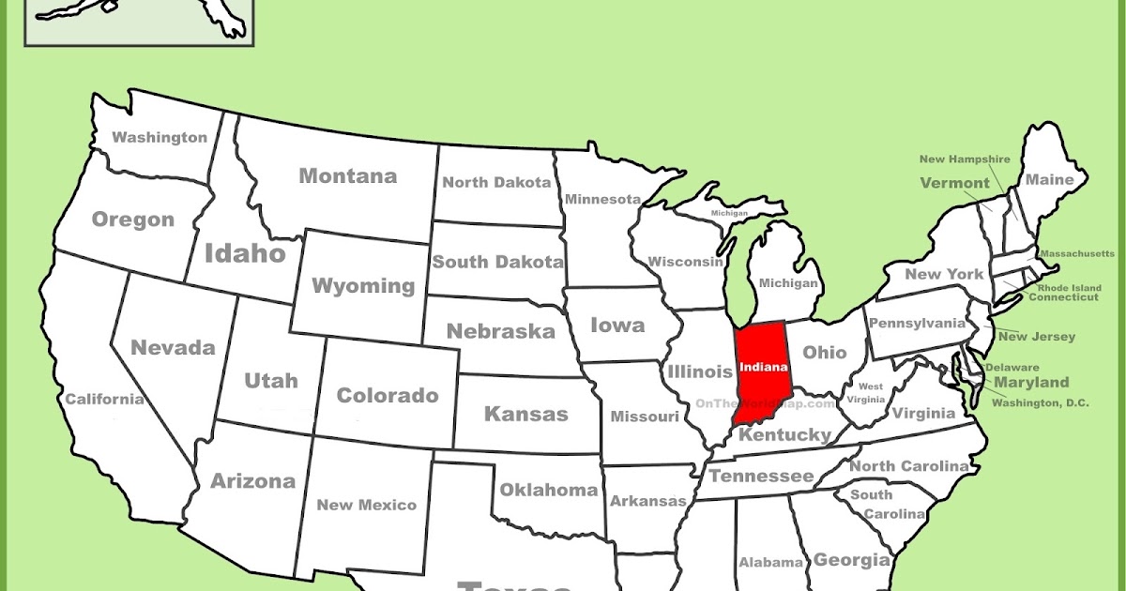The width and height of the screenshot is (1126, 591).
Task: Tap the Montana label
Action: click(347, 175)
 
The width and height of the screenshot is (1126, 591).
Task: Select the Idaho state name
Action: click(244, 252)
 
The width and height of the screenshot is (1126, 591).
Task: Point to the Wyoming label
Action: click(363, 285)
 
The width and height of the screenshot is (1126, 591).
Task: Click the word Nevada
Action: click(173, 347)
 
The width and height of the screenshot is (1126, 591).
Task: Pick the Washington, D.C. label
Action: click(1041, 402)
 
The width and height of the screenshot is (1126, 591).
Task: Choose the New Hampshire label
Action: click(965, 159)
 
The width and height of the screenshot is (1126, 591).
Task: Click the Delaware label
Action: click(1012, 367)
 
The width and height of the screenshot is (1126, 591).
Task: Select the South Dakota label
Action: click(497, 262)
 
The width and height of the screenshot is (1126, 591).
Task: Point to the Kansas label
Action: click(525, 414)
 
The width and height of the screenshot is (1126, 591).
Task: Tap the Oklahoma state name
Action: click(548, 490)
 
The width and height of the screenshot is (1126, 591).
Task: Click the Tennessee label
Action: click(761, 476)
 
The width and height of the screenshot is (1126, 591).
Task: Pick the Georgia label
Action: click(851, 560)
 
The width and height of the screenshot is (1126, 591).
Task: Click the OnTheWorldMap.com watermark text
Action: click(765, 403)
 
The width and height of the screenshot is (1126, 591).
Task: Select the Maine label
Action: click(1049, 179)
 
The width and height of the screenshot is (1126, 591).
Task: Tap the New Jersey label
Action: click(1037, 336)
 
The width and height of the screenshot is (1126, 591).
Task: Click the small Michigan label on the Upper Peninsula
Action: click(729, 213)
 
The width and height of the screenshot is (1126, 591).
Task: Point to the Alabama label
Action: click(770, 563)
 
